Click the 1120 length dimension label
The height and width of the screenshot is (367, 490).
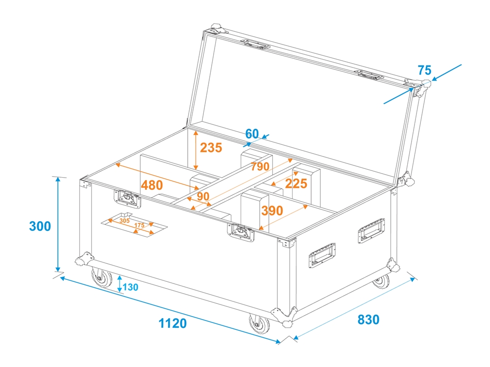(173, 323)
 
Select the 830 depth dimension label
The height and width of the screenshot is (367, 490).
(368, 320)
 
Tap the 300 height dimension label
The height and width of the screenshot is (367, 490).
(40, 226)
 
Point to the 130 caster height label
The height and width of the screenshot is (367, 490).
(130, 287)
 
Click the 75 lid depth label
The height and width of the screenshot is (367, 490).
(425, 70)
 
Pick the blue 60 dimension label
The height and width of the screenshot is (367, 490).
(252, 134)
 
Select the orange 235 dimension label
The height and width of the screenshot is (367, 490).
(211, 148)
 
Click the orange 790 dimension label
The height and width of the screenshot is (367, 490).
(260, 166)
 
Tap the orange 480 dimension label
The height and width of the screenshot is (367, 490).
(152, 185)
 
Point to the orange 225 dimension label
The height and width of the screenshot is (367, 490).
(296, 183)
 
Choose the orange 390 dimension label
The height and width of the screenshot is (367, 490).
(272, 210)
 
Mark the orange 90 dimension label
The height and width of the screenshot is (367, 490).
(203, 196)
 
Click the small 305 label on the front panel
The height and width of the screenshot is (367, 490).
(124, 221)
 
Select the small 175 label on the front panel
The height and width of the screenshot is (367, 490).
(139, 225)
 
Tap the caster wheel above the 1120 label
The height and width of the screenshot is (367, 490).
(259, 323)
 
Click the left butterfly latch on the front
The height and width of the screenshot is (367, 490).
(127, 199)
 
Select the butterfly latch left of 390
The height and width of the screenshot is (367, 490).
(241, 232)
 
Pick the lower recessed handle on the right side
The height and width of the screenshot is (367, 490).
(322, 255)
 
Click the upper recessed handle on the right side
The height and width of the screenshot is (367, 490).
(371, 230)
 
